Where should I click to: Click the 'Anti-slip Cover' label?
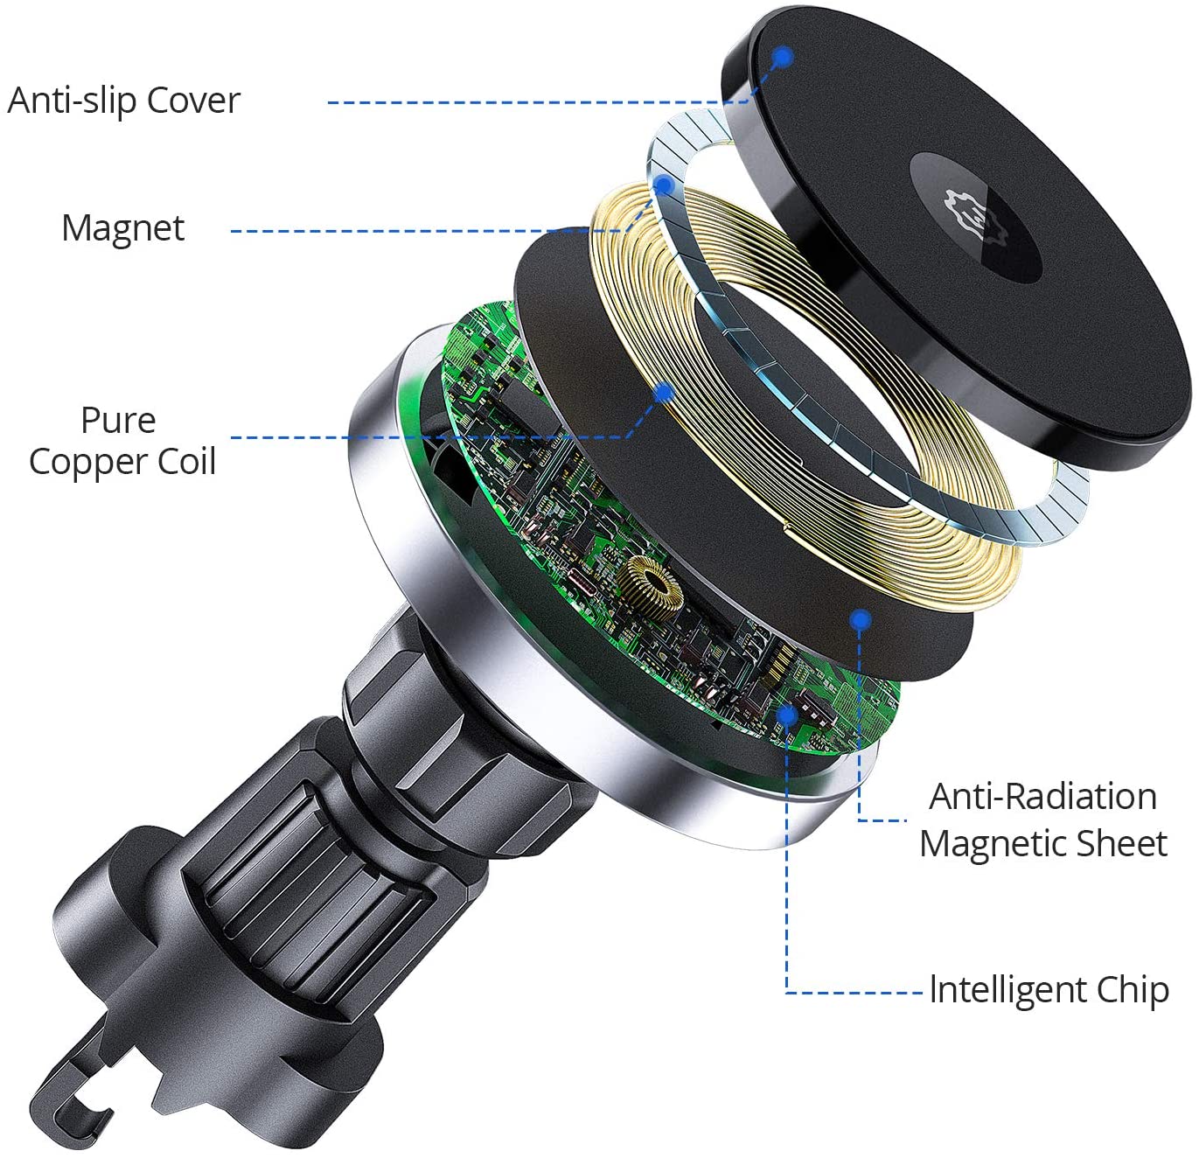point(123,101)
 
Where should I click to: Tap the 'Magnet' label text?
point(122,228)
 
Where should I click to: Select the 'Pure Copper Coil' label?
point(122,442)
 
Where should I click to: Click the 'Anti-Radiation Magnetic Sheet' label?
point(1042,820)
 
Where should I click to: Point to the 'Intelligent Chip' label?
point(1049,990)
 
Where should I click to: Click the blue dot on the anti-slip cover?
point(783,58)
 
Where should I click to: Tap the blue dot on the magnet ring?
point(664,185)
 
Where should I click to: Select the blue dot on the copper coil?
point(664,393)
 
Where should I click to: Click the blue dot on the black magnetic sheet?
point(861,618)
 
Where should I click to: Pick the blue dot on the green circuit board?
point(787,715)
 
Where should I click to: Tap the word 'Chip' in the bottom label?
point(1133,990)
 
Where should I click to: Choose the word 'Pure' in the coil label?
point(118,421)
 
